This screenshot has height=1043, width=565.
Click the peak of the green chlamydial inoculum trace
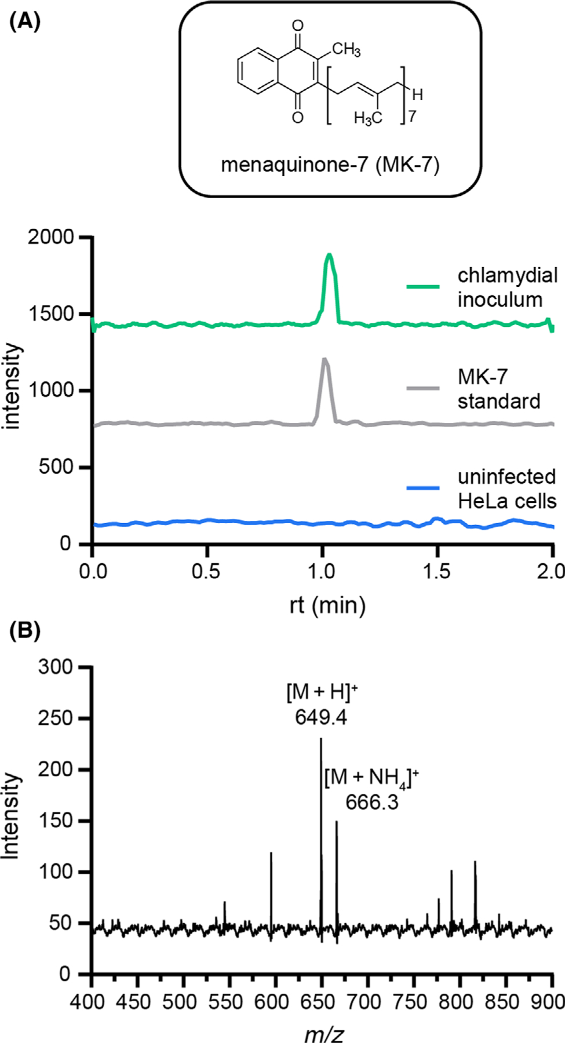click(x=330, y=255)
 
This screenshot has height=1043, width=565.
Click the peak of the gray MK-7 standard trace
click(x=325, y=360)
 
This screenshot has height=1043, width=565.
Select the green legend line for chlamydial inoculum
click(x=423, y=286)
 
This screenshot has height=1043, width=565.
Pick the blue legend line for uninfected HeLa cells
click(x=423, y=488)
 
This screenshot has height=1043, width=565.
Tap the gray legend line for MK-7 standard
click(x=423, y=388)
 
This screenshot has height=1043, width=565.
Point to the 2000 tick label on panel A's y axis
click(x=50, y=238)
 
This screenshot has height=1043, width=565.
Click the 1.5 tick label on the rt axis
click(x=436, y=571)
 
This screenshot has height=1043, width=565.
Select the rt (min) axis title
click(x=327, y=606)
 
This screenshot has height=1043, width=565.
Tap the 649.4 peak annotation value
click(x=321, y=717)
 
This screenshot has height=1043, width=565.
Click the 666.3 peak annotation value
click(x=372, y=803)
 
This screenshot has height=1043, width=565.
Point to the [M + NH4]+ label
click(x=371, y=778)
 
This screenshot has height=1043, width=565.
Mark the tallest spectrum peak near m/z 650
click(x=321, y=739)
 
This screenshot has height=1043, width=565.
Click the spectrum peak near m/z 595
click(x=271, y=854)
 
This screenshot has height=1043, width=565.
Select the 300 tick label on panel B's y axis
click(x=56, y=667)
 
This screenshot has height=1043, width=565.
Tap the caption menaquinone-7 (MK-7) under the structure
click(x=330, y=165)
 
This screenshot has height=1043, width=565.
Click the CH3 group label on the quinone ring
click(x=346, y=50)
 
